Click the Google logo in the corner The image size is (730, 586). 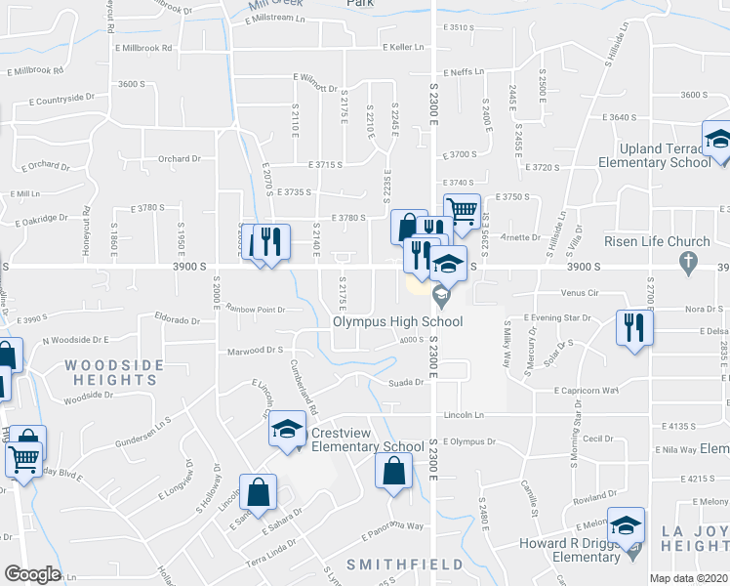point(31,574)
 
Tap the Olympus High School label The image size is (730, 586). point(397,320)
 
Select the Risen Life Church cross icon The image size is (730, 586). point(689,261)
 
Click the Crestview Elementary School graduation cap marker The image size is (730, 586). point(287,430)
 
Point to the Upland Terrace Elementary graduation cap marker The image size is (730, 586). point(717,139)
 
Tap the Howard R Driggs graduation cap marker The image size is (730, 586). point(626,525)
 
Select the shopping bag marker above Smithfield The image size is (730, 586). point(392,472)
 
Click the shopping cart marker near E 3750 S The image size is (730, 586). point(461,209)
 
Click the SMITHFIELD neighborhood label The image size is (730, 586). point(390,565)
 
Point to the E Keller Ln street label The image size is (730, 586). point(404,47)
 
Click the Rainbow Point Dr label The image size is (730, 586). point(255,310)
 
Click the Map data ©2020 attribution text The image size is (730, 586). point(689,578)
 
